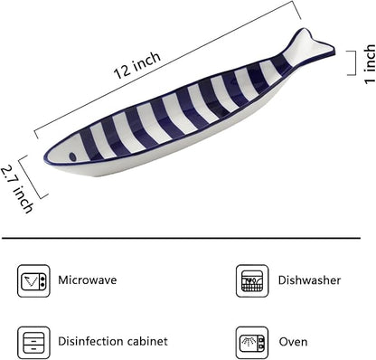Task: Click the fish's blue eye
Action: click(x=72, y=156)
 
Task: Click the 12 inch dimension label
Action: click(x=137, y=65)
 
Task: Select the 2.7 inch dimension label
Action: click(x=16, y=189)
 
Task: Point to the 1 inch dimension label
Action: click(x=370, y=64)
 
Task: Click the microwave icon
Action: click(x=33, y=281)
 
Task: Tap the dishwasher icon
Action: click(x=252, y=281)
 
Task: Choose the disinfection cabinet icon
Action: click(x=33, y=343)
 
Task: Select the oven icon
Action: click(x=252, y=343)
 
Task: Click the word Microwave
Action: click(x=88, y=280)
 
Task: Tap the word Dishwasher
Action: click(x=309, y=280)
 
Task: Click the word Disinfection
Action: click(x=90, y=341)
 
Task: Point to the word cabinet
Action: click(x=147, y=341)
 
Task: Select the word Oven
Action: click(x=293, y=342)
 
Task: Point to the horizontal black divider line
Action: click(x=181, y=238)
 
